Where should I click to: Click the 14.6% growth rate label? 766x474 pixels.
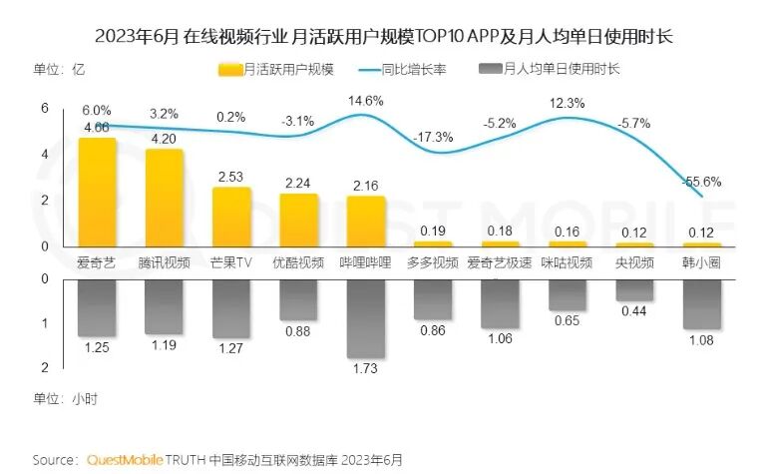(365, 102)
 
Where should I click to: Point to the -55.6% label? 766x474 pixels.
(700, 182)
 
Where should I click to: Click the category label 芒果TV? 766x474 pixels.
(231, 263)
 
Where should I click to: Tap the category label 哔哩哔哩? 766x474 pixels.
(365, 263)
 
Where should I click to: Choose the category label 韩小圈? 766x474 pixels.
(700, 263)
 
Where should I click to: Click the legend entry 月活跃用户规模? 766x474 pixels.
(276, 70)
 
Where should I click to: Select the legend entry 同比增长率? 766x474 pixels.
(410, 70)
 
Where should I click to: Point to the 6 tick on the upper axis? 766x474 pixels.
(44, 108)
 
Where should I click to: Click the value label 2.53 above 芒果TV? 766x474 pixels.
(231, 177)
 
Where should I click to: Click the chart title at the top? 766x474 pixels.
(383, 37)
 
